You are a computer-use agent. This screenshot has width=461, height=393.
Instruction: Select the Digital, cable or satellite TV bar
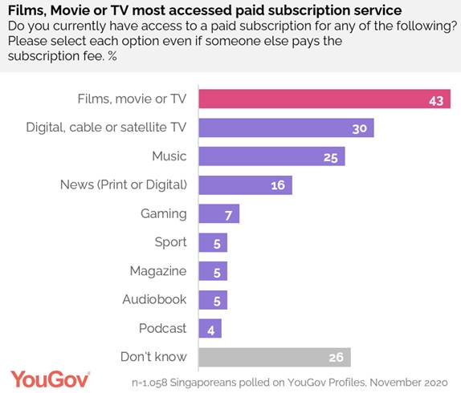tap(285, 128)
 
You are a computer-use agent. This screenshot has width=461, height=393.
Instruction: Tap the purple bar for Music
tap(271, 156)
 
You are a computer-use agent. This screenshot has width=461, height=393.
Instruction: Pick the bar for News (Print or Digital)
tap(244, 184)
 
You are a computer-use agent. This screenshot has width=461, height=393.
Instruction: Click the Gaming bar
tap(218, 213)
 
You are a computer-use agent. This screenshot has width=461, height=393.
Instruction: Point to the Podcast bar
tap(209, 328)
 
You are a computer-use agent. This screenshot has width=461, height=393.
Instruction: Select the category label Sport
tap(170, 242)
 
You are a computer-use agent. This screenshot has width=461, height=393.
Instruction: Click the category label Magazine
tap(158, 271)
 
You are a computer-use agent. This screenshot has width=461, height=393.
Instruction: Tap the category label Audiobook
tap(154, 299)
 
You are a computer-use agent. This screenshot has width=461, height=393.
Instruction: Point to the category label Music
tap(169, 156)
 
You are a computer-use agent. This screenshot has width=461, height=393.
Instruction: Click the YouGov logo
tap(50, 378)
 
